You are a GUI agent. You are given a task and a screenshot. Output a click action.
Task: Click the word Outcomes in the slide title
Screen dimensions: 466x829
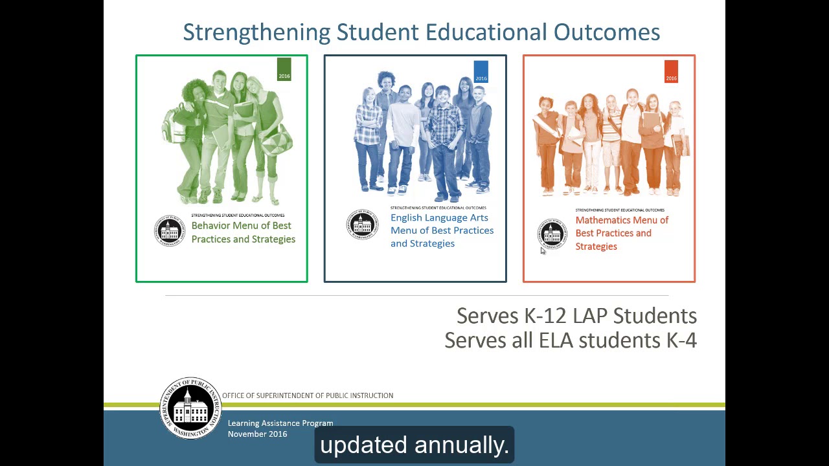[607, 32]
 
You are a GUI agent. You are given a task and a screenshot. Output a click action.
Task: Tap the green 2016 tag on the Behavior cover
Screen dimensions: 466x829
[284, 69]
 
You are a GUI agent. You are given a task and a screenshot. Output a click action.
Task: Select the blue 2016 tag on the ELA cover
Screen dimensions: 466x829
[481, 72]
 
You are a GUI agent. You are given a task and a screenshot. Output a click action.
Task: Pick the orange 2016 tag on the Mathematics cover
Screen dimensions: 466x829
[671, 71]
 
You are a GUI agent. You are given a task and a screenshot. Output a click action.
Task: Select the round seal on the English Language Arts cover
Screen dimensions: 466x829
[362, 225]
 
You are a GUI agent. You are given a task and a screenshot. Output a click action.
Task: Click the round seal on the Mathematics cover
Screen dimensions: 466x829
[552, 234]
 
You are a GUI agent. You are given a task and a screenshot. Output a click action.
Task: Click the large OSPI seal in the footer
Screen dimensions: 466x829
[190, 408]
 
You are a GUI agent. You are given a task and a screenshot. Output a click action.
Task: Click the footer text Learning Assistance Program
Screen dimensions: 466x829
[280, 423]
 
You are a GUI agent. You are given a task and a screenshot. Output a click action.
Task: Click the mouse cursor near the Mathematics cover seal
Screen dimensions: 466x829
[543, 251]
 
